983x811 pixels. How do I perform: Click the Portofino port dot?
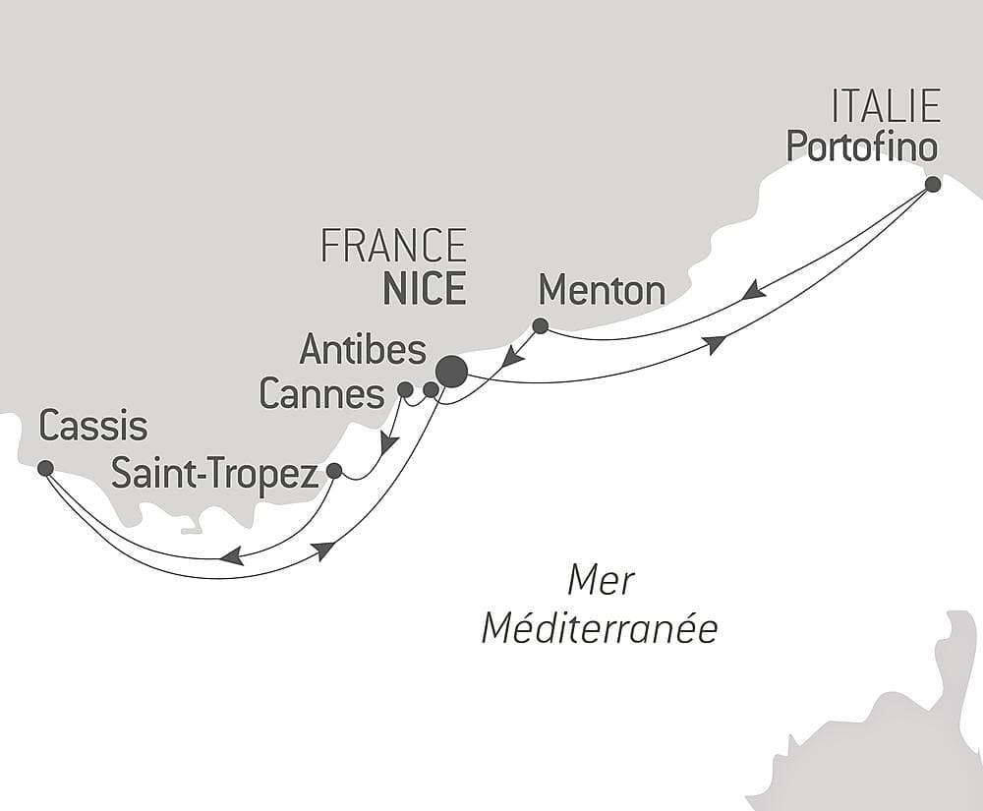click(x=933, y=184)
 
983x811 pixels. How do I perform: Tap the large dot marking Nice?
click(x=452, y=372)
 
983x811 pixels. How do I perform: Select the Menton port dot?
click(x=540, y=325)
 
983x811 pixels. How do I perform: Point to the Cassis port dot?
click(x=45, y=468)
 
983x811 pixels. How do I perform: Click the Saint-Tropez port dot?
click(x=334, y=471)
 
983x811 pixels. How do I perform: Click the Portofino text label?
click(x=861, y=147)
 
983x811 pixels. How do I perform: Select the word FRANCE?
click(x=393, y=246)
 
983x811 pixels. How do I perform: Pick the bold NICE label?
click(x=424, y=289)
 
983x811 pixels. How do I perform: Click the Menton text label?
click(x=602, y=291)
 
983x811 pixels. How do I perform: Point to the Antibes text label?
click(x=363, y=349)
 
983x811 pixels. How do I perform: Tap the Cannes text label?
click(x=321, y=394)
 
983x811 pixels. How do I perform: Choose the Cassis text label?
click(x=93, y=428)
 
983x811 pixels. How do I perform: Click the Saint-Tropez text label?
click(x=214, y=474)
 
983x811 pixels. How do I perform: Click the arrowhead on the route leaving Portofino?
click(x=753, y=290)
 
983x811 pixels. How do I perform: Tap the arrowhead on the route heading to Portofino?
click(x=715, y=343)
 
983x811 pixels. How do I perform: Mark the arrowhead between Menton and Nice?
click(x=512, y=356)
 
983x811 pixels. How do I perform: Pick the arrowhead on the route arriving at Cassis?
click(x=231, y=557)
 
